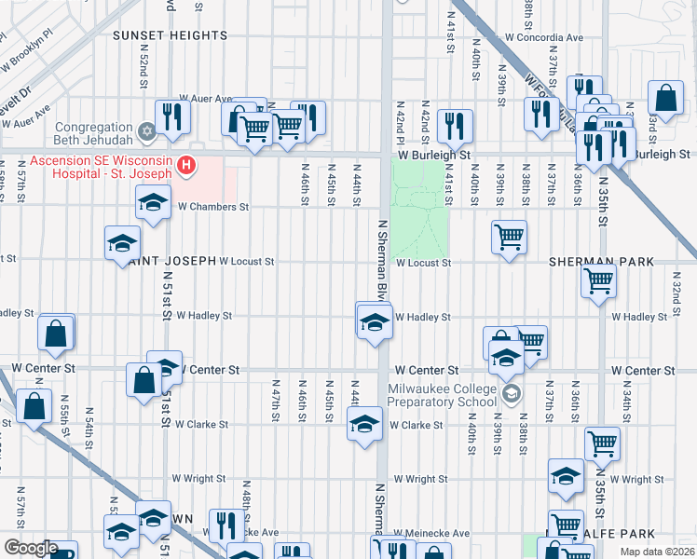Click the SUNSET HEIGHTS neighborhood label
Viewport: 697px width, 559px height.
(x=170, y=35)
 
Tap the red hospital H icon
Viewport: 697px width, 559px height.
(x=187, y=167)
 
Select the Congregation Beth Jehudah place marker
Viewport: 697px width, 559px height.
(x=145, y=130)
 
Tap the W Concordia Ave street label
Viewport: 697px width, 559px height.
(x=532, y=38)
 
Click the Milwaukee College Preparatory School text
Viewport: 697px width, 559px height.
(x=443, y=396)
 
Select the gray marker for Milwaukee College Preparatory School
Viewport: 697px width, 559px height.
(x=510, y=394)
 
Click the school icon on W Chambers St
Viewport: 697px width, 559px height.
(x=153, y=201)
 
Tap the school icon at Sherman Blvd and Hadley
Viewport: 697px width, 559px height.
(x=374, y=321)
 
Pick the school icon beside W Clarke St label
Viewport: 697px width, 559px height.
(x=364, y=424)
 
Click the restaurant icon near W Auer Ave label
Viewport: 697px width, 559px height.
(x=172, y=115)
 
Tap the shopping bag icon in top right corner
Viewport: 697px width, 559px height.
(x=665, y=96)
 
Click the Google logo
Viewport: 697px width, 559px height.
(x=30, y=548)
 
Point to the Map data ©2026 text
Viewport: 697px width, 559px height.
(x=656, y=552)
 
